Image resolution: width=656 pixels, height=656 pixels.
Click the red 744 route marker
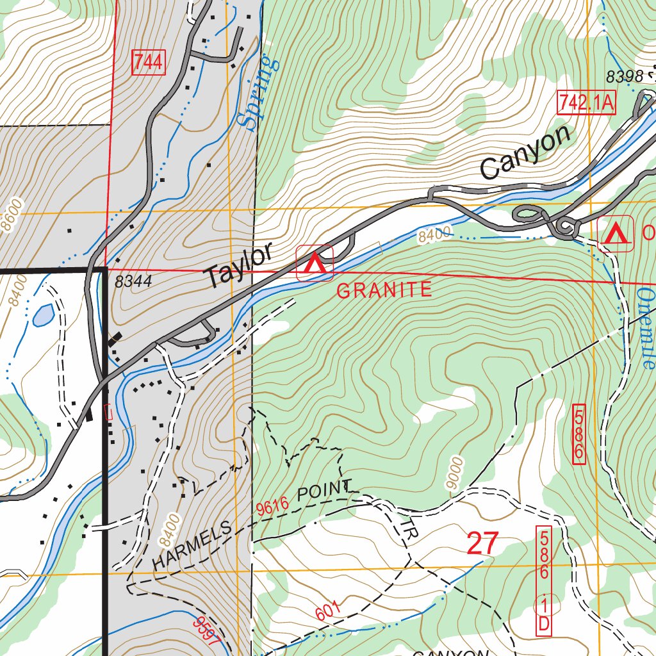(149, 62)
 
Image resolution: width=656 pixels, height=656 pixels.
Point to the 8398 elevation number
(625, 77)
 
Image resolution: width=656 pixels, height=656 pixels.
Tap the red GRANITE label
(384, 290)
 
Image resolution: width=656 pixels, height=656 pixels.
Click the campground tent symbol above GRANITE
(315, 263)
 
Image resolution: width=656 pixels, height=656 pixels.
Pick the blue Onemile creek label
(645, 327)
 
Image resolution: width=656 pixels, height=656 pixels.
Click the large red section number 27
(482, 543)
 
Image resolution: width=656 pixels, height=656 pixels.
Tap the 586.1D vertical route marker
(543, 580)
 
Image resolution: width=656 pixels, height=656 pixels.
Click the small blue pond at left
(43, 315)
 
